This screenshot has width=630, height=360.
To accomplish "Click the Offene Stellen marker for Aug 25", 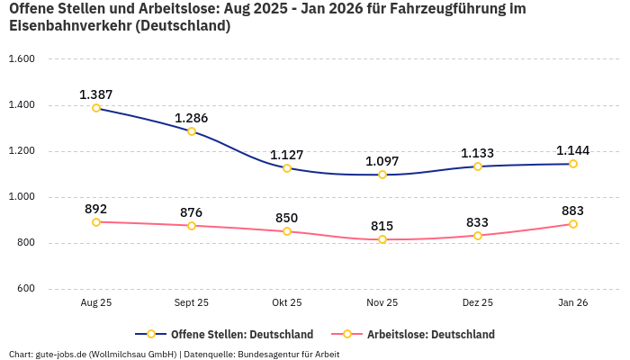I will tap(96, 108).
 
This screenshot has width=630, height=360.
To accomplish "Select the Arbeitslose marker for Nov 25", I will tap(382, 239).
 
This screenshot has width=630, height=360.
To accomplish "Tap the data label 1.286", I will tap(192, 118).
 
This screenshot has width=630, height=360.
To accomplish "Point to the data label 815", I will tap(382, 226).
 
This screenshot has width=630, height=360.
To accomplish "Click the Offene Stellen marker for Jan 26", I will tap(573, 164).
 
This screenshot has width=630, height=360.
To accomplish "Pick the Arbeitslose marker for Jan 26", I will tap(573, 224).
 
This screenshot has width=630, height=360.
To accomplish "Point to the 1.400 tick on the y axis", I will tap(21, 105).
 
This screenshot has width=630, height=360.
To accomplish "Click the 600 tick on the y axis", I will tap(24, 289).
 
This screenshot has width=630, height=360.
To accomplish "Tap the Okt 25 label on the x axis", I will tap(287, 303).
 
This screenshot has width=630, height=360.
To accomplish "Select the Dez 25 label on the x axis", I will tap(478, 303).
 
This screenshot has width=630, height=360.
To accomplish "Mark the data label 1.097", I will tap(382, 161).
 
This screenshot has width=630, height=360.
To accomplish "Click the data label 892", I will tap(96, 209).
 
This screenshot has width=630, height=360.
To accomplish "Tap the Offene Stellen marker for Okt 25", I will tap(287, 168).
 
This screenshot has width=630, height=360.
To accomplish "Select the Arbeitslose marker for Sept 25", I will tap(192, 226).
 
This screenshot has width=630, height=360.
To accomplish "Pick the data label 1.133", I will tap(478, 153).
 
